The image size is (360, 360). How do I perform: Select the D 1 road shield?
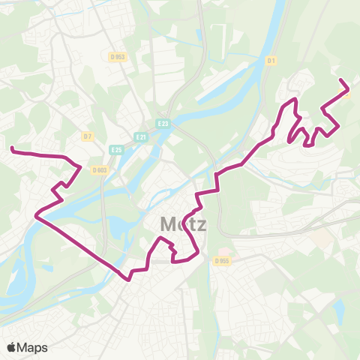(271, 61)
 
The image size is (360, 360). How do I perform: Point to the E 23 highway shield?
(163, 123)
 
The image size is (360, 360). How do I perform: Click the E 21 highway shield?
(140, 136)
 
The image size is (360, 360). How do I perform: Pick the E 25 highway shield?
(115, 150)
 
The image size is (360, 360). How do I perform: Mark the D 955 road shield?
(220, 261)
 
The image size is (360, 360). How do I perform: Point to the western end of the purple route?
(11, 149)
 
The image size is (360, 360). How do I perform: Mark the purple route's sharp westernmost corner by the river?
(35, 217)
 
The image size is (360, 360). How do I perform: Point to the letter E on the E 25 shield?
(112, 150)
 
